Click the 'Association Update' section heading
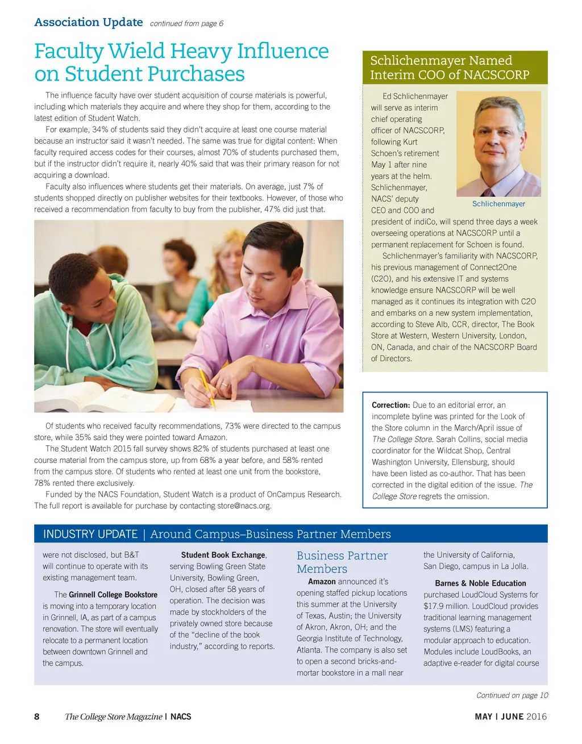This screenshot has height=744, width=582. coord(88,22)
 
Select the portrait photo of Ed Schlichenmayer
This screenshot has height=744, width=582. coord(498,144)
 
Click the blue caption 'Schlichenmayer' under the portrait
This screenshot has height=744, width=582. coord(498,204)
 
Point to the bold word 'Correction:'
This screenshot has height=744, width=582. coord(390,405)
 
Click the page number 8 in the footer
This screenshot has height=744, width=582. coord(37,717)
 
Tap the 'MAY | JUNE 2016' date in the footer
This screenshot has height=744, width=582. coord(510,717)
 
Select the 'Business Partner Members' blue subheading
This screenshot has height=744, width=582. coord(342,562)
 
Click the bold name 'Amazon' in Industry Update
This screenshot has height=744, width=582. coord(322,582)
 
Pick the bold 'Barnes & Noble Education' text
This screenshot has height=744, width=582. coord(480,583)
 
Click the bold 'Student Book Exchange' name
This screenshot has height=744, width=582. coord(223,555)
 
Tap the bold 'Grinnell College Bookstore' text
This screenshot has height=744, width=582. coord(113,595)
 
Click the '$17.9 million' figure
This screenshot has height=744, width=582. coord(448,606)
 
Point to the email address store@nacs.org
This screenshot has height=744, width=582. coord(244,505)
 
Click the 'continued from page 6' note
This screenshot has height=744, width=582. coord(186,23)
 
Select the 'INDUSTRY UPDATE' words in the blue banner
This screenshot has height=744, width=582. coord(90,534)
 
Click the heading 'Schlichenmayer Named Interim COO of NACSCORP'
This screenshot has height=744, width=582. coord(449,68)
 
